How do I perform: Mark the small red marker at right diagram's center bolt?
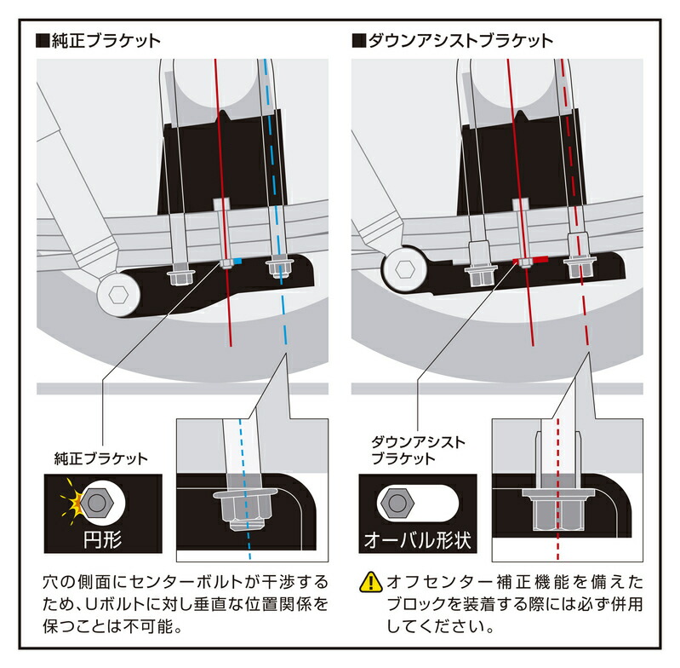540,259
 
